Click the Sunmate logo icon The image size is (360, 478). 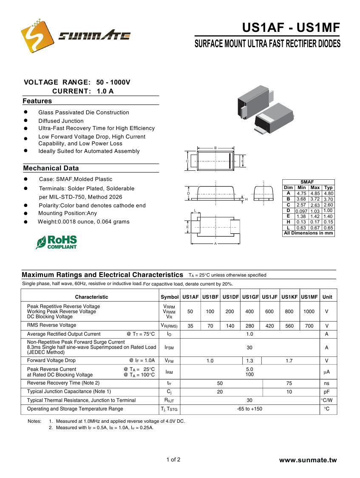point(37,35)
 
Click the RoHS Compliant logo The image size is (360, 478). point(57,242)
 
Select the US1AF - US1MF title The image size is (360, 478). point(291,28)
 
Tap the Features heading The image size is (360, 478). point(37,101)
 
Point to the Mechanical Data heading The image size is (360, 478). point(51,168)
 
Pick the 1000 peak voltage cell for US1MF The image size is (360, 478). point(309,311)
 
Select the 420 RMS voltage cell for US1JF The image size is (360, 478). point(269,326)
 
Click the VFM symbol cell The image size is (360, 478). point(169,361)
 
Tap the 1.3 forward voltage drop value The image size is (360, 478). point(249,361)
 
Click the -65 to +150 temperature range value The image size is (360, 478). point(249,409)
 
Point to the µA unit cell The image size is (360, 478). point(327,372)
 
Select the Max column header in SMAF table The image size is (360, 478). point(315,187)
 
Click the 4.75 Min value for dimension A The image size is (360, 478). point(301,193)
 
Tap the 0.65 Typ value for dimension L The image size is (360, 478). point(328,228)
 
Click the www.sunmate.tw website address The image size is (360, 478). point(308,460)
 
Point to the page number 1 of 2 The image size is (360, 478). point(173,459)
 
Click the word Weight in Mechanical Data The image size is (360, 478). point(47,222)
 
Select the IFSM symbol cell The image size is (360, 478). point(169,347)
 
